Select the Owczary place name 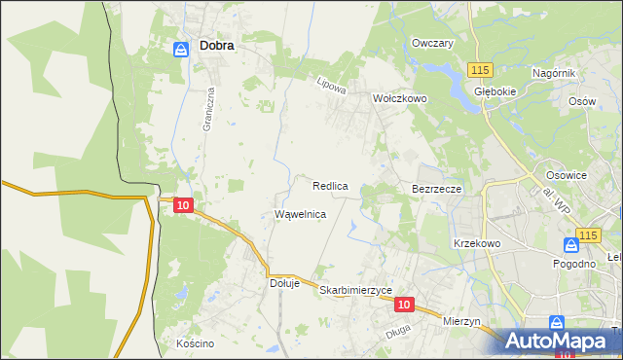pos(433,44)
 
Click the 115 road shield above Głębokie pos(479,70)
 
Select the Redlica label pos(331,185)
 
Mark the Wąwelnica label pos(300,214)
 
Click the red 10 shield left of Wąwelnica pos(184,204)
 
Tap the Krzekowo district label pos(477,243)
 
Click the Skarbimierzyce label pos(355,290)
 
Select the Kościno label pos(195,343)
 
